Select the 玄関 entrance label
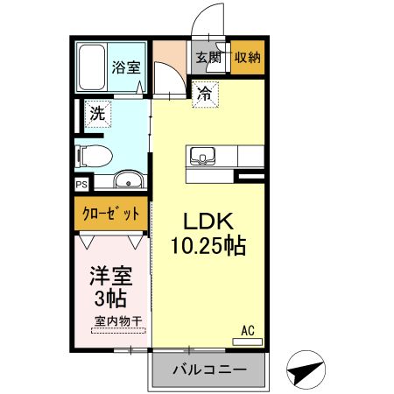coord(208,58)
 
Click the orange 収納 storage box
coord(246,58)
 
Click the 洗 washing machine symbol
coord(98,113)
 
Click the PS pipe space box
coord(81,184)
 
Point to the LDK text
coord(207,221)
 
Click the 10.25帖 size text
coord(207,246)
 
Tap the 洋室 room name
coord(111,278)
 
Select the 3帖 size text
coord(111,299)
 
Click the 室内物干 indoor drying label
coord(117,320)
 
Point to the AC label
coord(249,331)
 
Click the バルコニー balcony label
coord(208,369)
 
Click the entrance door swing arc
coord(205,19)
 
